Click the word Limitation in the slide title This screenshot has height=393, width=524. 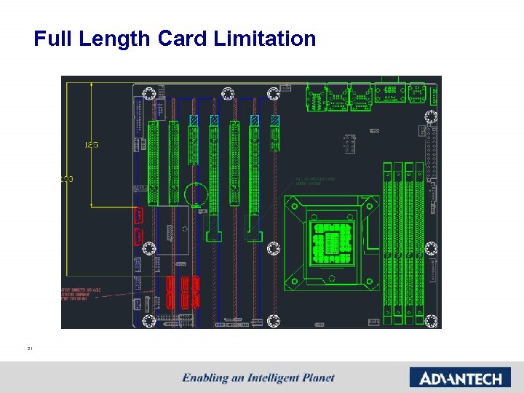click(x=265, y=39)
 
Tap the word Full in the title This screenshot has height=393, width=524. click(x=50, y=39)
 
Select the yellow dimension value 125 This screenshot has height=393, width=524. click(x=91, y=145)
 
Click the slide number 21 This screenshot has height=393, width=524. click(x=31, y=349)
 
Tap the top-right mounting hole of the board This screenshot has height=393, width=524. click(x=431, y=117)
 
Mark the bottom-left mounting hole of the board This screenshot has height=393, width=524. click(x=149, y=320)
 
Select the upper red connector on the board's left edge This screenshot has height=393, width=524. click(x=138, y=215)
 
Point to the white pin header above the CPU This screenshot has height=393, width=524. click(x=350, y=144)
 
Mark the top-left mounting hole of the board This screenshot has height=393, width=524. click(x=149, y=94)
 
